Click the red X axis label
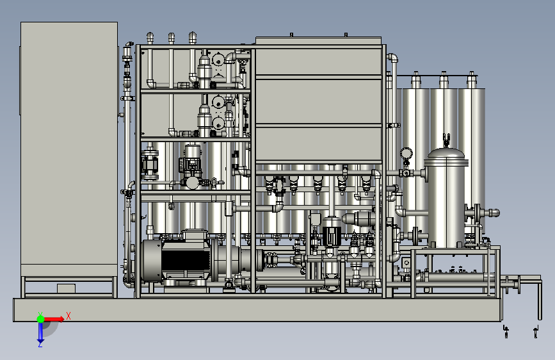click(68, 316)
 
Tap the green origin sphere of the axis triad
click(40, 319)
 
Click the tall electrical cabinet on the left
click(69, 149)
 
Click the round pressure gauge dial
click(406, 154)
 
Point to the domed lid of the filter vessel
click(446, 154)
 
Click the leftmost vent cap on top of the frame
click(150, 38)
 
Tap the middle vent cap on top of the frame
click(172, 38)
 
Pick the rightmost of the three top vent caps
click(193, 37)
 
